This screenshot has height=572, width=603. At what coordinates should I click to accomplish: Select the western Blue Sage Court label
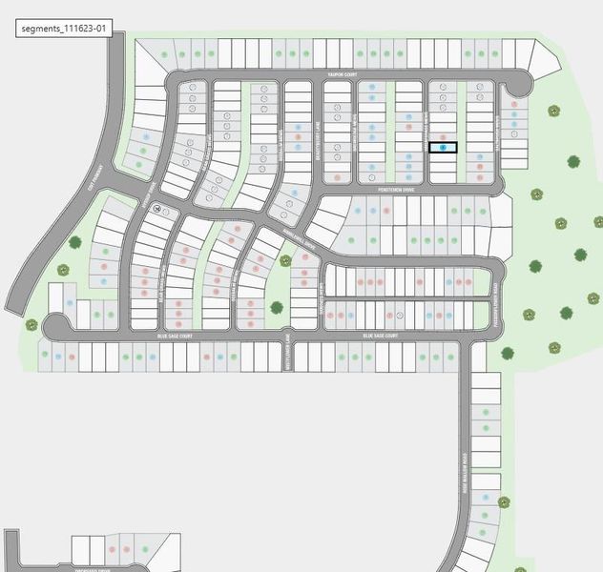(x=175, y=337)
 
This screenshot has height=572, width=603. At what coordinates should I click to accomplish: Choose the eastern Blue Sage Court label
(x=380, y=337)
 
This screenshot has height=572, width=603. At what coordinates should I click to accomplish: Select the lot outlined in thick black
(x=443, y=148)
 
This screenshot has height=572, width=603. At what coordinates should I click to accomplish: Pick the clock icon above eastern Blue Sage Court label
(x=401, y=315)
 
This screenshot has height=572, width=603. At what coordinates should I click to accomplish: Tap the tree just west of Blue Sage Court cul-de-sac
(x=31, y=325)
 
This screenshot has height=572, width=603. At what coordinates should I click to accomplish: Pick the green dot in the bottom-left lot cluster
(x=144, y=550)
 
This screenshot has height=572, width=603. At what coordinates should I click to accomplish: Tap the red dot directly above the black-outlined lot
(x=443, y=137)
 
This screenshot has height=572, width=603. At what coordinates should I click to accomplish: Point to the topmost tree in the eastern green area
(x=552, y=111)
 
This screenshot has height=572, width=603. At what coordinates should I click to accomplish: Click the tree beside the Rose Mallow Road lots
(x=505, y=501)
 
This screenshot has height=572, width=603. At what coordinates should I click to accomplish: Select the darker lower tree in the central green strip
(x=277, y=308)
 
